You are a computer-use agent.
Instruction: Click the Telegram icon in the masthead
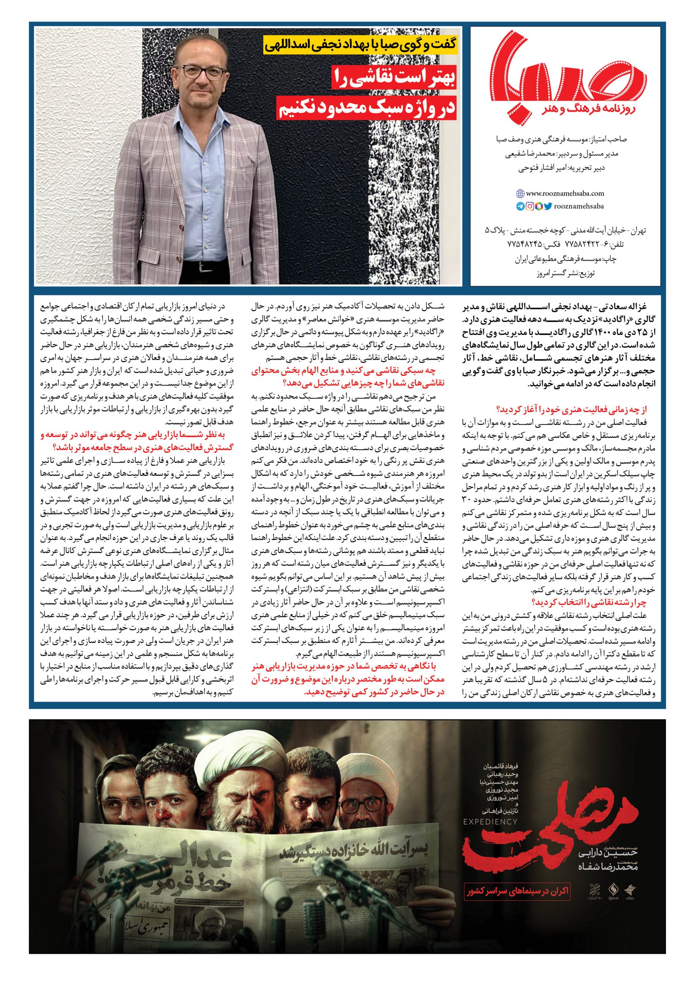pyautogui.click(x=520, y=206)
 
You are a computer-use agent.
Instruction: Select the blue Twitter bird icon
pyautogui.click(x=548, y=206)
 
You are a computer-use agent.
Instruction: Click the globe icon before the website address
pyautogui.click(x=521, y=193)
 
